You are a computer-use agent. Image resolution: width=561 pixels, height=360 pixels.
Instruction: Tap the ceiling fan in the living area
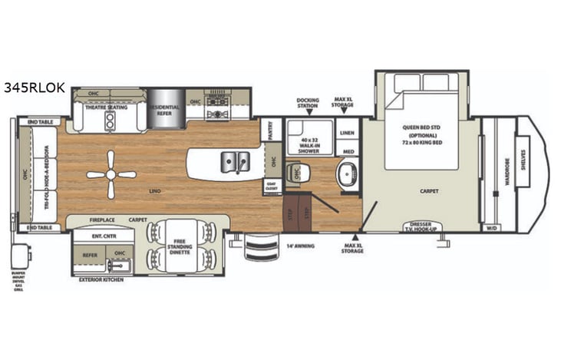[111, 174]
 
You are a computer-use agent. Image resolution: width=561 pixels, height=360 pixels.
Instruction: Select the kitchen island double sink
[235, 161]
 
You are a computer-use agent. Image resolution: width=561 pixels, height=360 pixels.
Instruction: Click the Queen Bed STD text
[417, 127]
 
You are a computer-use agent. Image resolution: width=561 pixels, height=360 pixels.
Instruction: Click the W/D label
[490, 227]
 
